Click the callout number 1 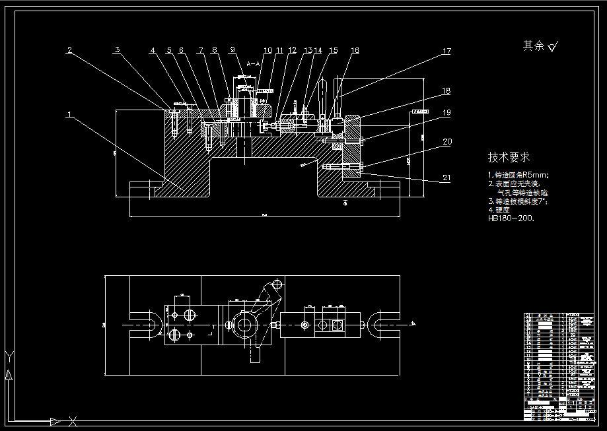point(69,114)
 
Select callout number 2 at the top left point(69,50)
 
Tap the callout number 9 point(232,50)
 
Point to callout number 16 point(355,50)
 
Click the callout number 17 point(446,51)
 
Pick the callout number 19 point(446,113)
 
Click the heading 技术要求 point(509,158)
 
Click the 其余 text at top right point(533,46)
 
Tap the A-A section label point(253,63)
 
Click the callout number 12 point(292,50)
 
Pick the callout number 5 point(168,50)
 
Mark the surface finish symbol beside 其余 point(553,46)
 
